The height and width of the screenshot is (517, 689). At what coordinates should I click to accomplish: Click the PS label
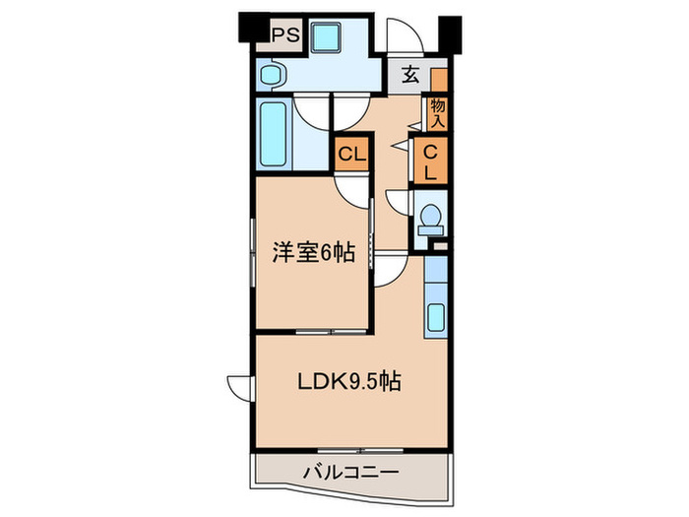coord(285,35)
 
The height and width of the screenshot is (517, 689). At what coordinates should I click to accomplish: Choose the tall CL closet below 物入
coord(433,160)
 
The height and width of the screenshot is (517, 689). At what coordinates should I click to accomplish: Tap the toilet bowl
coord(430,219)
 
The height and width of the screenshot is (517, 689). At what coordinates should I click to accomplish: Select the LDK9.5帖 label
coord(350,382)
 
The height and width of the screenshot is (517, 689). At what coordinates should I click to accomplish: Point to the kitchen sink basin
coord(437,318)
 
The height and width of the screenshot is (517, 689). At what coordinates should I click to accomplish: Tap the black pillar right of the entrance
coord(451,34)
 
